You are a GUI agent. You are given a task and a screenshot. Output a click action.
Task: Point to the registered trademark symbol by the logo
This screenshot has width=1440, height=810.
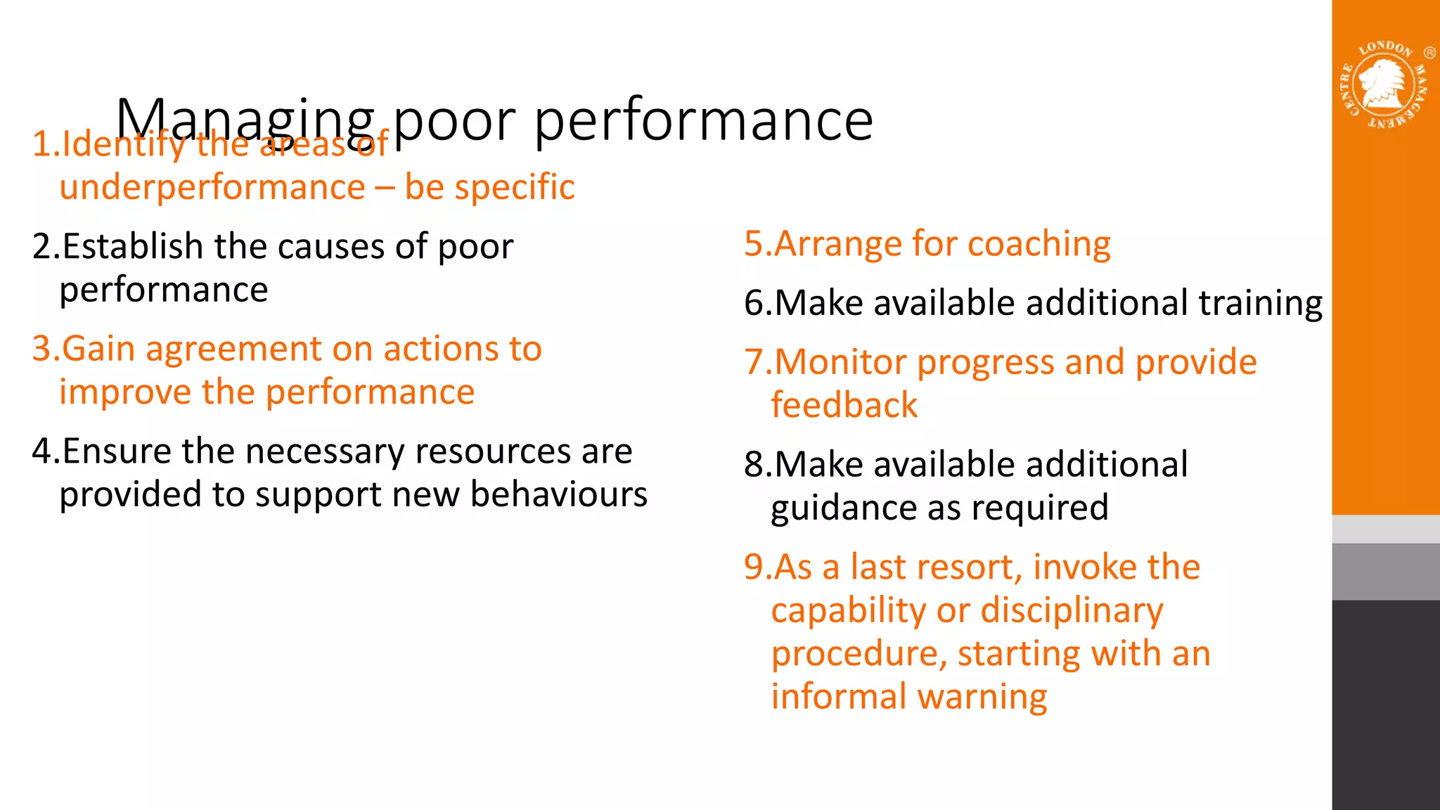[x=1429, y=53]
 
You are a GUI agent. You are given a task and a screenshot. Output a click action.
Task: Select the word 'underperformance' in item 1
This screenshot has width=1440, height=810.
[x=212, y=188]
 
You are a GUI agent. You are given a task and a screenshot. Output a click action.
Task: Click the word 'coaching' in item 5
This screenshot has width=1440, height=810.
[x=1039, y=245]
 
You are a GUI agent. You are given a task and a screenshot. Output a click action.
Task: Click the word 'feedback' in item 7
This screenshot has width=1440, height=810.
[x=844, y=406]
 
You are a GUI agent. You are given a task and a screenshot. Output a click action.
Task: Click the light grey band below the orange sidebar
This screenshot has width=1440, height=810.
[x=1385, y=529]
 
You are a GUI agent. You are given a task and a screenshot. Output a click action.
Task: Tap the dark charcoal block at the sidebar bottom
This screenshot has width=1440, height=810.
[x=1385, y=703]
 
